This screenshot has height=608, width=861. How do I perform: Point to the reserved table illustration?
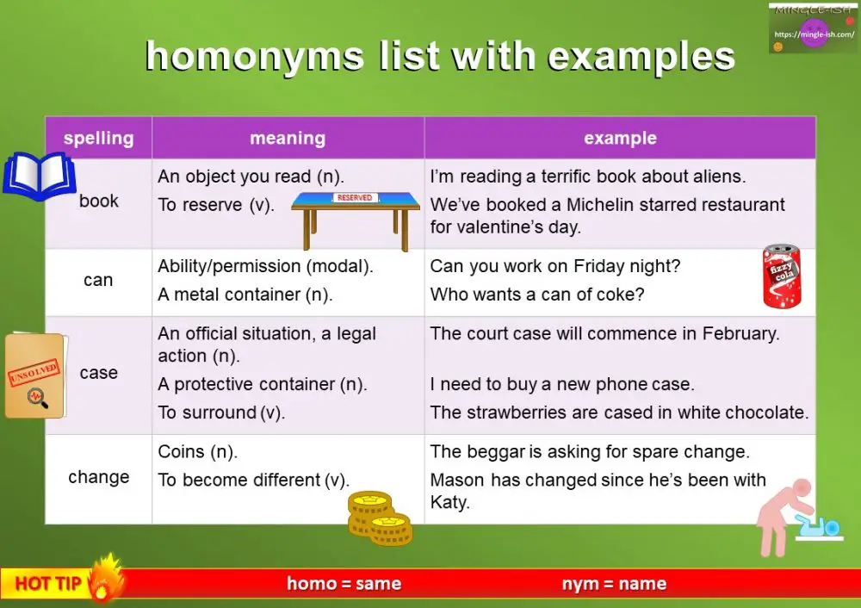point(356,216)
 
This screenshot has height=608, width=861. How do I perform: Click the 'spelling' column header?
point(98,138)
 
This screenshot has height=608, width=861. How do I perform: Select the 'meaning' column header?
point(288,138)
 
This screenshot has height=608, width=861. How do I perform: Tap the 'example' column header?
point(620,138)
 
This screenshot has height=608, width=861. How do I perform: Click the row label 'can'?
point(98,280)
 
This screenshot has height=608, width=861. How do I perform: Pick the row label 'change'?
point(98,477)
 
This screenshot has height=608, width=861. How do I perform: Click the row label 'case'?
point(98,373)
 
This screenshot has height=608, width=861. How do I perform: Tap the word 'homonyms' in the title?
point(254,57)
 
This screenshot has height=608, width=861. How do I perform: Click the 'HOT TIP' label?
point(48,584)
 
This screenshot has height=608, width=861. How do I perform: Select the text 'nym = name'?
point(614,584)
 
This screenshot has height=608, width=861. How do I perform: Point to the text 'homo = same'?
point(344,584)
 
